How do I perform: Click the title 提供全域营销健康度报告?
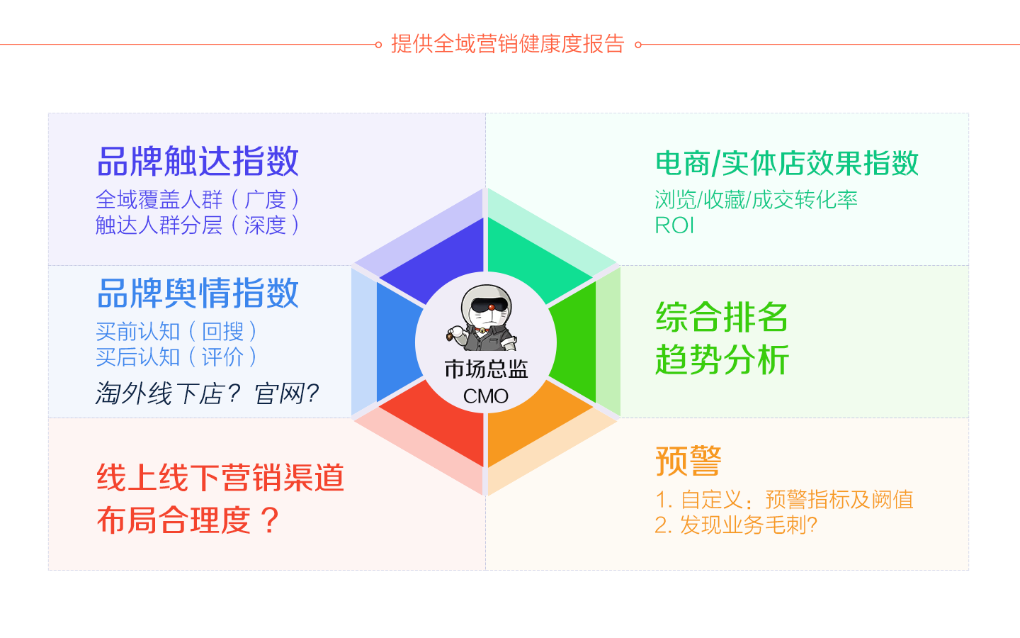pos(507,44)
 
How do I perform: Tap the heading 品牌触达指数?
pos(198,162)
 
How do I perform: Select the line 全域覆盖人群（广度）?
pos(198,200)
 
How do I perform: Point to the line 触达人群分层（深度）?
pos(198,225)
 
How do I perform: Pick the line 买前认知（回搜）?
pos(176,331)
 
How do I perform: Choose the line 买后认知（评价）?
pos(176,357)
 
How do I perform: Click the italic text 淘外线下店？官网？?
pos(207,393)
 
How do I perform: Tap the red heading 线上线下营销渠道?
pos(220,478)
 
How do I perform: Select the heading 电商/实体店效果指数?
pos(787,163)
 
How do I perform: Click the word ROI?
pos(674,225)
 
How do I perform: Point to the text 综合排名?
pos(722,317)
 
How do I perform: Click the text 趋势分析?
pos(722,359)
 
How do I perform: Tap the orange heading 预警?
pos(688,461)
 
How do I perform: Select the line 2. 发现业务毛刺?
pos(736,525)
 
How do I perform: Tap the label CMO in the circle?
pos(485,396)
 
